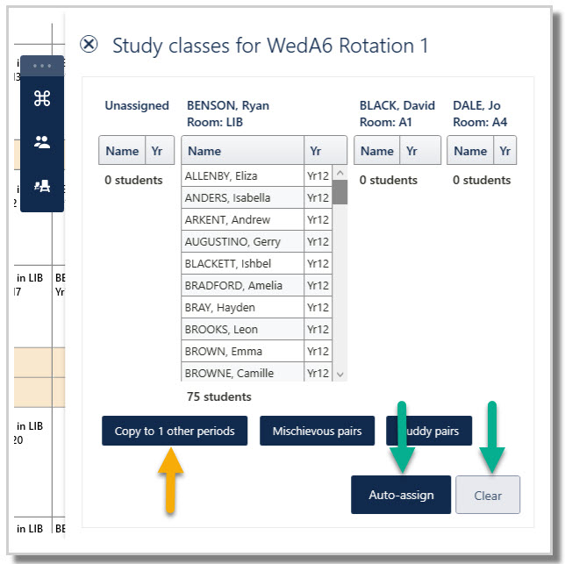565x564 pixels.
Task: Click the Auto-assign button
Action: click(401, 495)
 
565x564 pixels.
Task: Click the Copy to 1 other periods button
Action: click(175, 431)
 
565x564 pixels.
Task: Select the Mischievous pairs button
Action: click(317, 431)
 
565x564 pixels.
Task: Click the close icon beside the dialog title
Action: click(89, 45)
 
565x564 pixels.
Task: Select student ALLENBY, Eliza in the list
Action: click(221, 176)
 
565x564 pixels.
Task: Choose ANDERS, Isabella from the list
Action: click(227, 198)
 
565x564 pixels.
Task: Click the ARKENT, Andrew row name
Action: click(227, 220)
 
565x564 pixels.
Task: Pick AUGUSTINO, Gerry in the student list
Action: click(232, 242)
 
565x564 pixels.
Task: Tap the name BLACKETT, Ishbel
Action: click(228, 264)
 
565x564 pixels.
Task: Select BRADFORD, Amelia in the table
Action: click(233, 286)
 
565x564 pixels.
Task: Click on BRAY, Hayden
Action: click(220, 308)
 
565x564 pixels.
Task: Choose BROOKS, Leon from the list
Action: click(221, 330)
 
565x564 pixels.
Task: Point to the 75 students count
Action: click(218, 396)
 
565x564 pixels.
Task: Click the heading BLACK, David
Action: click(397, 105)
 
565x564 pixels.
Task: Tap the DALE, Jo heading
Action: click(476, 105)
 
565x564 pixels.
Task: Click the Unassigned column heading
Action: click(137, 105)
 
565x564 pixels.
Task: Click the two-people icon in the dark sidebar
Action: click(41, 141)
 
